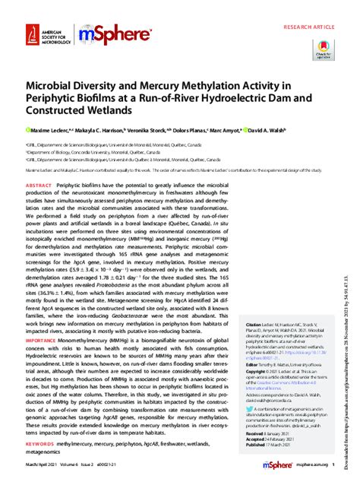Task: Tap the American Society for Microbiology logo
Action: [x=43, y=34]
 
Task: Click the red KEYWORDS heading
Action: [x=41, y=440]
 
